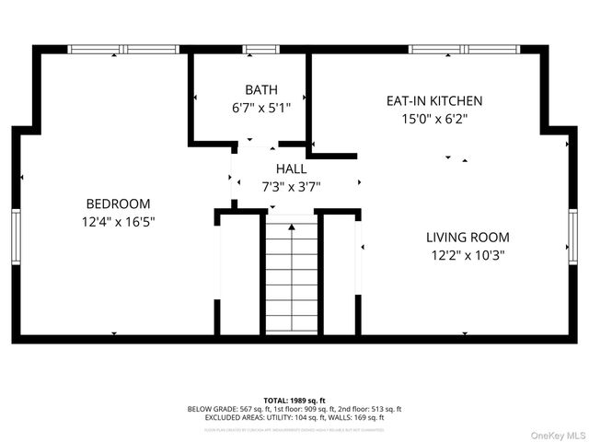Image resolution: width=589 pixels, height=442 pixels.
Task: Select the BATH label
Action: coord(260,89)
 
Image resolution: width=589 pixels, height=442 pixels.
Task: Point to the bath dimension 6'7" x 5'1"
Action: coord(260,107)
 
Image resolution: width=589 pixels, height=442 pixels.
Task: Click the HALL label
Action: coord(291,169)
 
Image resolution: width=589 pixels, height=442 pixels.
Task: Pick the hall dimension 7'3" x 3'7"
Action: coord(291,186)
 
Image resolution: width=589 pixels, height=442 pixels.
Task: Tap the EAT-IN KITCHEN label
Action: coord(433,100)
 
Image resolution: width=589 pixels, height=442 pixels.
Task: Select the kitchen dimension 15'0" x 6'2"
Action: coord(433,118)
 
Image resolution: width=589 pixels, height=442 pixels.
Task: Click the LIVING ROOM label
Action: coord(468,237)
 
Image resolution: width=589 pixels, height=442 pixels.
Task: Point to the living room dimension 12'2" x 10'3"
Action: coord(468,255)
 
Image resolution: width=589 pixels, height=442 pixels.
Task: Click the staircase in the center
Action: coord(292,276)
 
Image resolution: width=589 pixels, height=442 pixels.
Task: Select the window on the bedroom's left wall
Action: coord(16,238)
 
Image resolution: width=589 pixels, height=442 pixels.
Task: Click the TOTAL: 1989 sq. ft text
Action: coord(294,400)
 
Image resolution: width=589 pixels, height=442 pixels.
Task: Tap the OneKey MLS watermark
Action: coord(555,435)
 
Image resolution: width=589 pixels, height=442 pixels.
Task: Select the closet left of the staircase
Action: coord(241,276)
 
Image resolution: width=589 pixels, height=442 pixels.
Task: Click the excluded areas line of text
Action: coord(294,417)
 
